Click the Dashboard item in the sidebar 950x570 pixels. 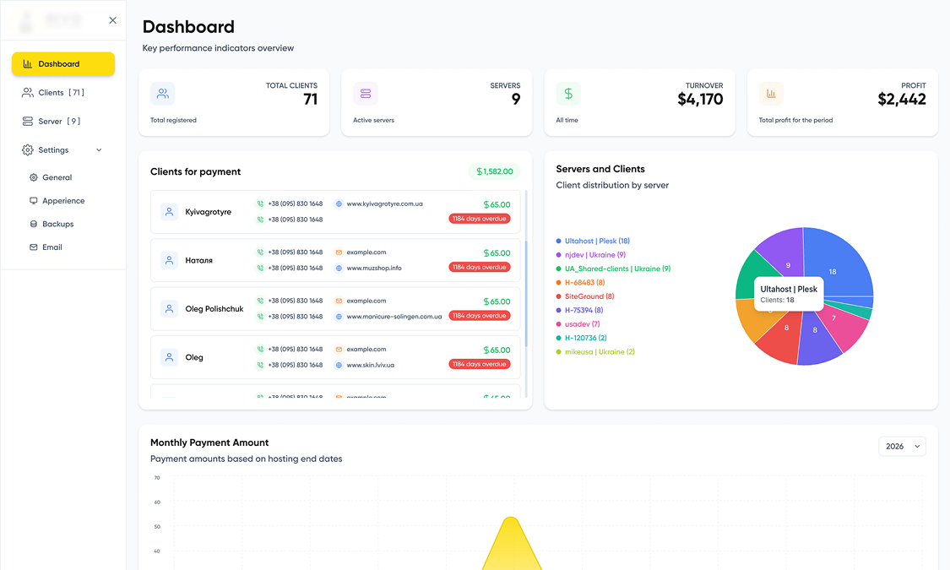point(62,64)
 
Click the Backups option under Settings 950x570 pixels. point(57,225)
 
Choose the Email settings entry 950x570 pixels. point(52,247)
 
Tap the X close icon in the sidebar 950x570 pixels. point(113,20)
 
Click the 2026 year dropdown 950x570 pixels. point(902,446)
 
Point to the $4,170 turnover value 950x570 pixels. point(700,100)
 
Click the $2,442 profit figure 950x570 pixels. point(901,100)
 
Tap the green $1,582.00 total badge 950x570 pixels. point(494,171)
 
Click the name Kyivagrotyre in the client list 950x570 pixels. point(208,212)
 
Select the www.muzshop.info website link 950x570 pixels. point(373,269)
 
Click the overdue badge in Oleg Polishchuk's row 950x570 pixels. point(479,316)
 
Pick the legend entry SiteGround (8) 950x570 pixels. point(589,296)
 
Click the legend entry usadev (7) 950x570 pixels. point(582,324)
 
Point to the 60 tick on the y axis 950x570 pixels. point(157,502)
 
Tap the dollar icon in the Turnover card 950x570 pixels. point(568,94)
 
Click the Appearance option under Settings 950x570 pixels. point(63,201)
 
